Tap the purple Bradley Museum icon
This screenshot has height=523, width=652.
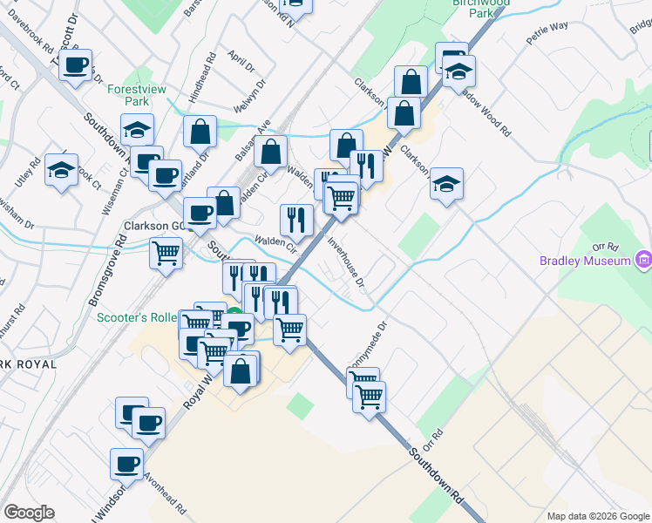643,260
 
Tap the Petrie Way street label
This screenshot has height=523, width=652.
547,38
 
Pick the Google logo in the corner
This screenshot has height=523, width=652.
29,513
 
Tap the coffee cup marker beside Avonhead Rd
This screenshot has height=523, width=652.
126,463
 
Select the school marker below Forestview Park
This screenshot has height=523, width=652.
137,129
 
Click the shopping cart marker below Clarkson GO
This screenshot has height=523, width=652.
166,253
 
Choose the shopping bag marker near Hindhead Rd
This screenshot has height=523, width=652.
200,132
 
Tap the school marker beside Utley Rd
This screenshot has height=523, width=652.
62,170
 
